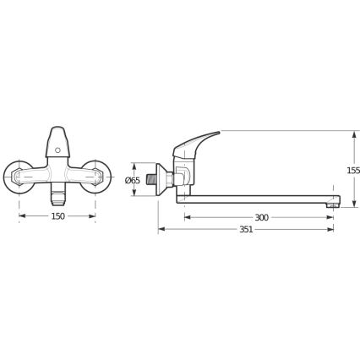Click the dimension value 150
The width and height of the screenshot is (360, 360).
click(x=57, y=217)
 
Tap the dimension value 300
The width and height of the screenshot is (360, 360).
click(x=261, y=218)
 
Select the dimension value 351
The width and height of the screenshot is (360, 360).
click(x=246, y=230)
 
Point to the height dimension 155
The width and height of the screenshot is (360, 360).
click(x=352, y=171)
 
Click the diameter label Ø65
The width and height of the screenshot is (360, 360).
click(x=132, y=181)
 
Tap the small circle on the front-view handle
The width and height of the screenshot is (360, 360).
click(x=57, y=150)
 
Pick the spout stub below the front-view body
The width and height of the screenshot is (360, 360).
click(x=57, y=196)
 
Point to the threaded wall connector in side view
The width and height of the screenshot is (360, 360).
click(x=150, y=179)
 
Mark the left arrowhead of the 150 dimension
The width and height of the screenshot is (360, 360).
click(x=21, y=217)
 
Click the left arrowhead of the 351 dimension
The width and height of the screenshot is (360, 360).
click(x=161, y=230)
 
